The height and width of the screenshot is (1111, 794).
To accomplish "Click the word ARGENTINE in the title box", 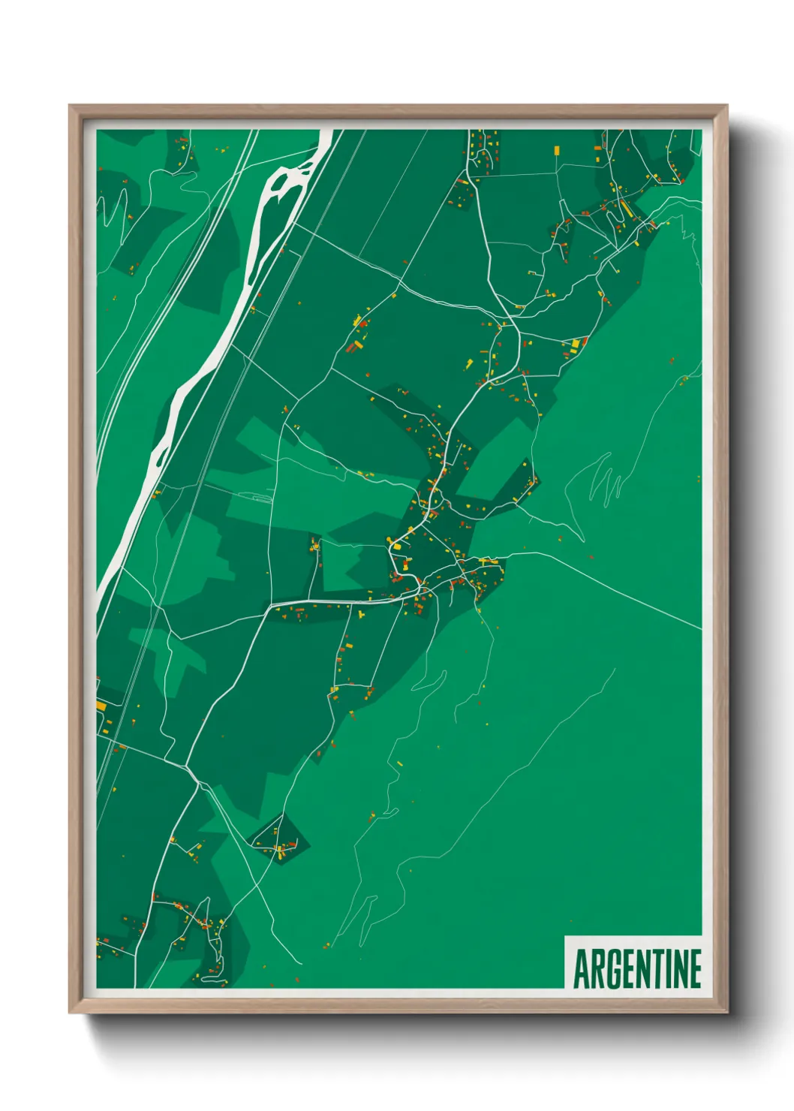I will (637, 968).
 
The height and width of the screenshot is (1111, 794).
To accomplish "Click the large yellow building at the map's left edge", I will (101, 706).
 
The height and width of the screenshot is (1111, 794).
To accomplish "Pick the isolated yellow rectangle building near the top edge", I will (556, 150).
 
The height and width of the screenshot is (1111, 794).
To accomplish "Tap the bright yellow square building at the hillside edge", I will (576, 344).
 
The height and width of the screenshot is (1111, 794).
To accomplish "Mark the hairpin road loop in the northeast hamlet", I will (615, 214).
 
